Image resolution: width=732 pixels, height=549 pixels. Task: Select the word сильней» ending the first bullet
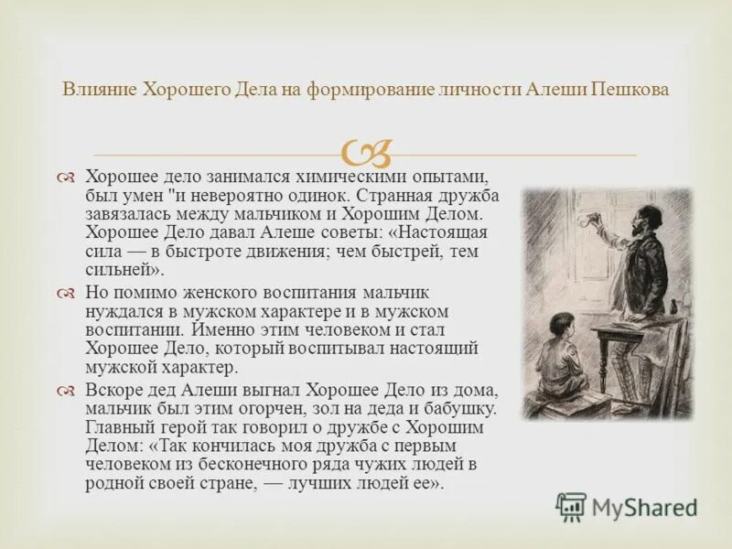[x=124, y=270]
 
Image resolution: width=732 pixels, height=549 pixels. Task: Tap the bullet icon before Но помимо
[x=64, y=293]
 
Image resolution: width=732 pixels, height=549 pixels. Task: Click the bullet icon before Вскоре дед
[x=64, y=390]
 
